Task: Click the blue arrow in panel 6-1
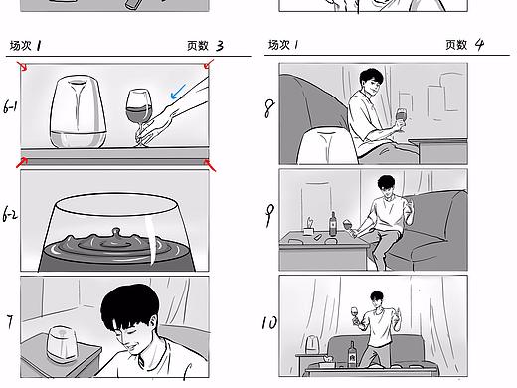point(179,93)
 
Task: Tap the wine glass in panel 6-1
point(137,111)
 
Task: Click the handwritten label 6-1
point(10,108)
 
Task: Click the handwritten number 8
point(268,108)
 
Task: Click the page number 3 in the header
point(219,46)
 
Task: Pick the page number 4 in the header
point(479,45)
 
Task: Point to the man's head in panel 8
point(371,84)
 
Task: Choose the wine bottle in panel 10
point(352,352)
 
